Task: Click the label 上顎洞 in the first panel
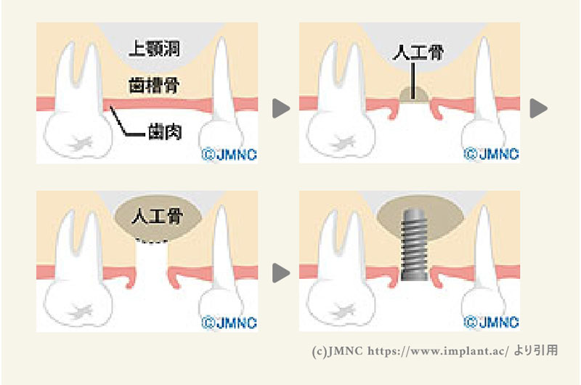point(154,49)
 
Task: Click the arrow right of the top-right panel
point(538,109)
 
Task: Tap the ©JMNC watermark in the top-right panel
point(490,154)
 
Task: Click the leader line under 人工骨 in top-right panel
point(413,76)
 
